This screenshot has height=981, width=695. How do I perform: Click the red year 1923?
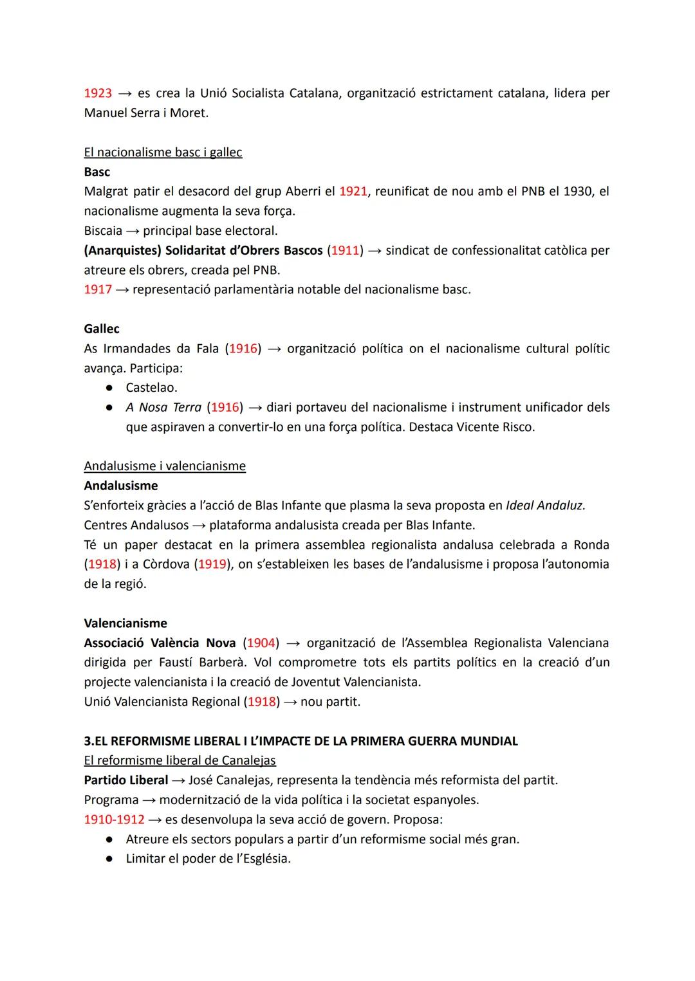pyautogui.click(x=98, y=93)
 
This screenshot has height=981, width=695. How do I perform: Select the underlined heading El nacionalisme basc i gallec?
pyautogui.click(x=163, y=152)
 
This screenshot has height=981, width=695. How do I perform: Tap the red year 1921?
pyautogui.click(x=353, y=192)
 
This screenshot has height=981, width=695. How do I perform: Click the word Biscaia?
pyautogui.click(x=103, y=231)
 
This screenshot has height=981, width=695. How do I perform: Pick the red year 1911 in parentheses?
pyautogui.click(x=344, y=250)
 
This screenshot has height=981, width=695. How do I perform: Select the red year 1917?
pyautogui.click(x=98, y=289)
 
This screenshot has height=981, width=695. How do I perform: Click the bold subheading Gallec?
pyautogui.click(x=102, y=329)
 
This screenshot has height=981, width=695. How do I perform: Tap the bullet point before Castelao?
pyautogui.click(x=110, y=388)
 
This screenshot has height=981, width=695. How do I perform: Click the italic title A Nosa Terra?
pyautogui.click(x=163, y=407)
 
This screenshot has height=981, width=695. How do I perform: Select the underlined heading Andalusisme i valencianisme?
pyautogui.click(x=165, y=466)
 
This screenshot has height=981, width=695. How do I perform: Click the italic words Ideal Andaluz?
pyautogui.click(x=545, y=506)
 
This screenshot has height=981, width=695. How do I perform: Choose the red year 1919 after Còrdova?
pyautogui.click(x=212, y=564)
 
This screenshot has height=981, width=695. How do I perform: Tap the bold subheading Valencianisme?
pyautogui.click(x=125, y=623)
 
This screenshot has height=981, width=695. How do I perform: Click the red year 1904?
pyautogui.click(x=261, y=643)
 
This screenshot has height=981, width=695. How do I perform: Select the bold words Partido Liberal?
pyautogui.click(x=125, y=780)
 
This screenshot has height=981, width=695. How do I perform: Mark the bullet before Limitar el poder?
pyautogui.click(x=110, y=859)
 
